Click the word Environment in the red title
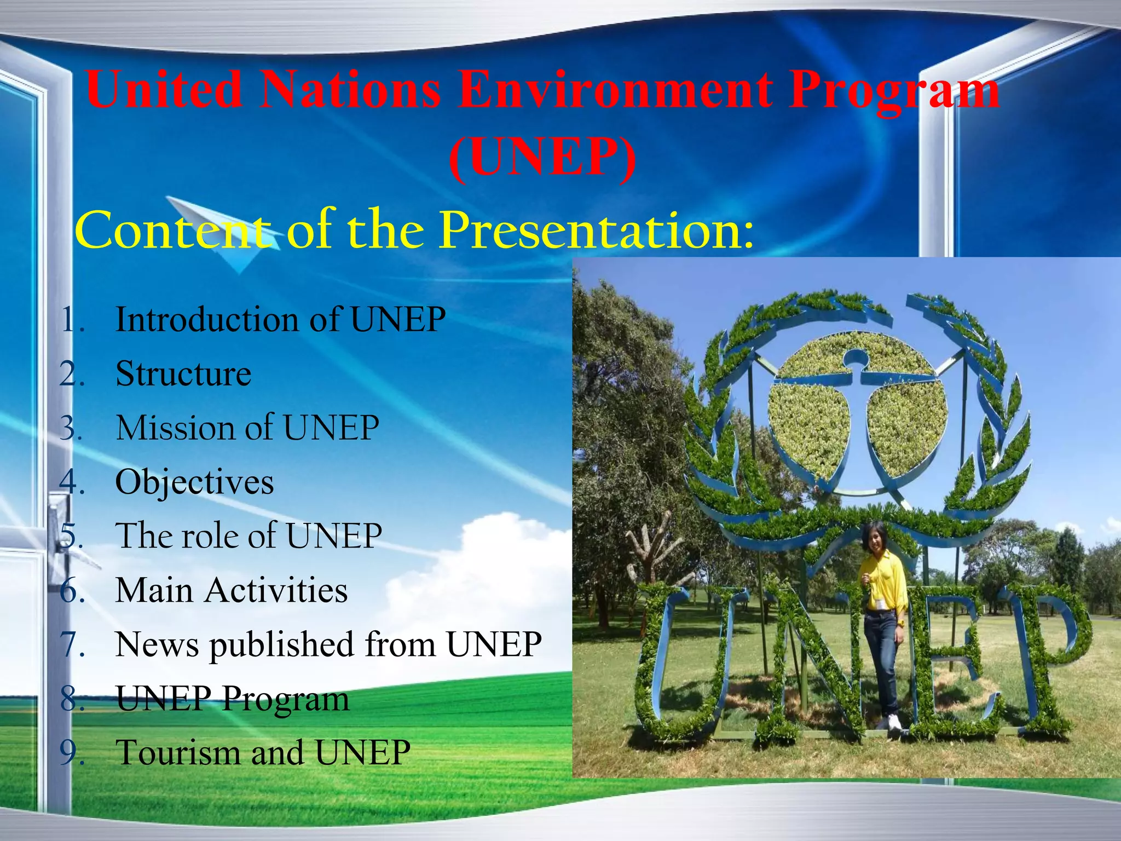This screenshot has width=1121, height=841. [615, 90]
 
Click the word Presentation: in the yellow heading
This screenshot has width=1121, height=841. [597, 230]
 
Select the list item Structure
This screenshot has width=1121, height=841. [183, 374]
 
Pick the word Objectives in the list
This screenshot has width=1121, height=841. [194, 482]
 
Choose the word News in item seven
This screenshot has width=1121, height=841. [157, 644]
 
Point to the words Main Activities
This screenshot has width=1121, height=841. [231, 590]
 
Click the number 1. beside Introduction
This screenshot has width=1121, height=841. [72, 320]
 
